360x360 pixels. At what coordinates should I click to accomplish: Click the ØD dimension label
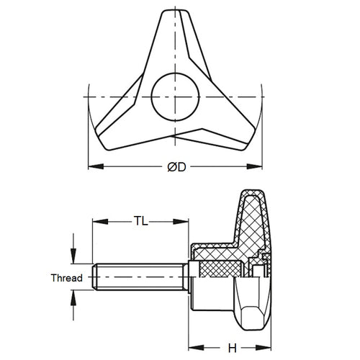tap(177, 167)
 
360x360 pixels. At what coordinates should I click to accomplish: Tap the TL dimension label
tap(140, 222)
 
